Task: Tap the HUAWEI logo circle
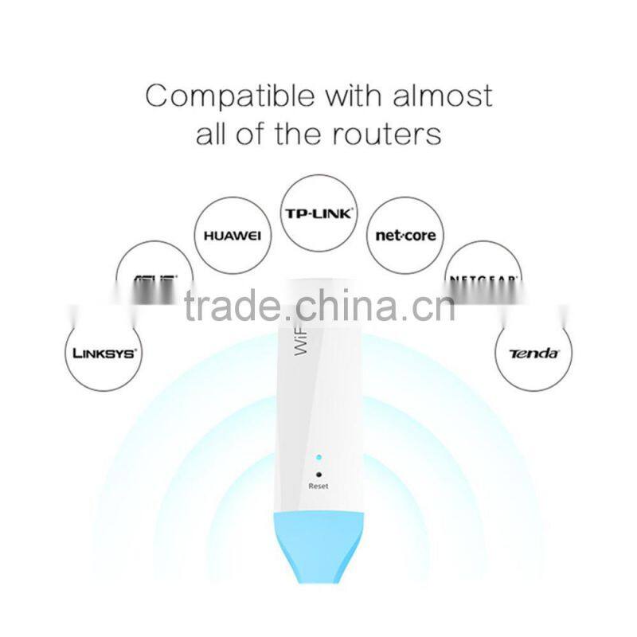click(232, 235)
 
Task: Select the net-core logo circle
click(404, 235)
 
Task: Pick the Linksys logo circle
click(101, 352)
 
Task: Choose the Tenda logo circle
click(533, 352)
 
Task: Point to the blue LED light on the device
click(318, 459)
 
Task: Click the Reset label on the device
click(318, 486)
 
